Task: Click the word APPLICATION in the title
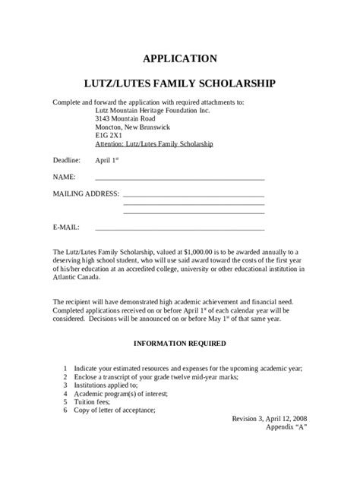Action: coord(180,58)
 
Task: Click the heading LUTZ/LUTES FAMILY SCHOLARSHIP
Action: coord(180,82)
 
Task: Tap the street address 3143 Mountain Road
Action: coord(125,119)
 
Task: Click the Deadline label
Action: coord(66,161)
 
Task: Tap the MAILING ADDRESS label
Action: coord(86,193)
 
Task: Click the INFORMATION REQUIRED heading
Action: coord(180,344)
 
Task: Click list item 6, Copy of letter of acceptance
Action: coord(114,410)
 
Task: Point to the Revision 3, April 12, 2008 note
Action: coord(270,418)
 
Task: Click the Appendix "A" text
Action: coord(286,427)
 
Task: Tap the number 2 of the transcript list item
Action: coord(66,377)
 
